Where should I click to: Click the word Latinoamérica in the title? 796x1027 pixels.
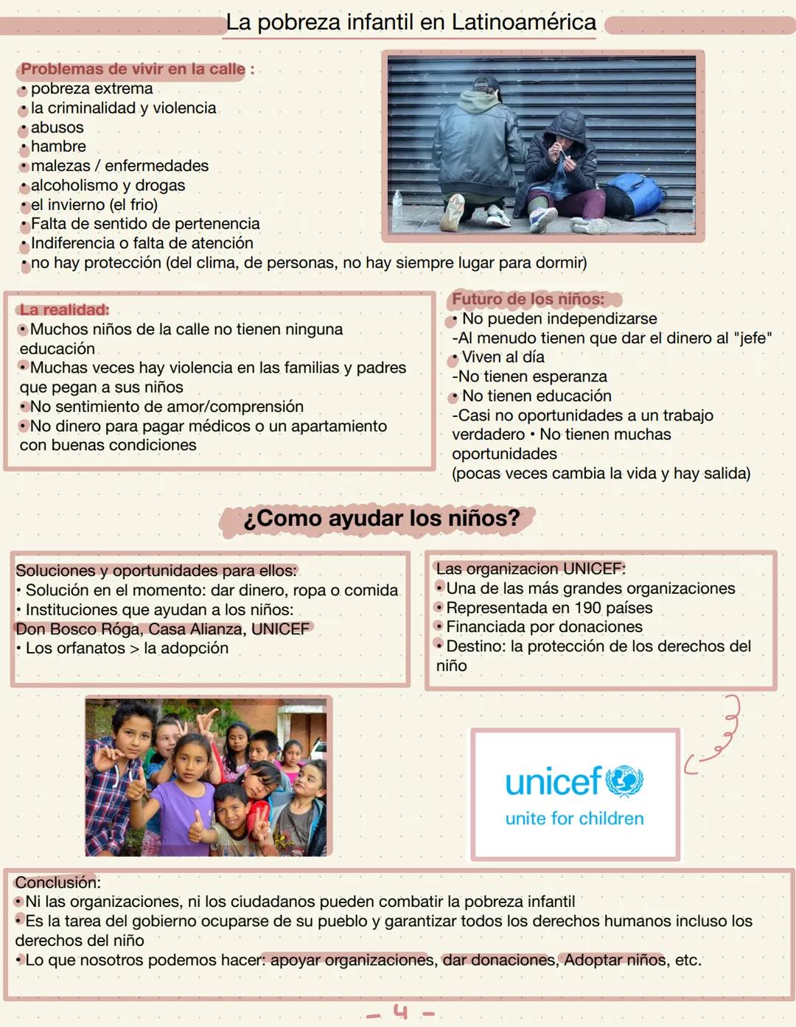pos(523,22)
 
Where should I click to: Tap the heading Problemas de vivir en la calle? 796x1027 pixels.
pos(133,69)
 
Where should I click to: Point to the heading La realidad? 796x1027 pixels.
pos(64,310)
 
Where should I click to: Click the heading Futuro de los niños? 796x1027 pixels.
pos(528,299)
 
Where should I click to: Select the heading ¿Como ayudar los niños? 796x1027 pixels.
pos(381,519)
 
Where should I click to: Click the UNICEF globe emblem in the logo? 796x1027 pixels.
pos(624,781)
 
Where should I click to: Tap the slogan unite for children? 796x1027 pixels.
pos(574,819)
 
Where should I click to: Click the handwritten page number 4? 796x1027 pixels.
pos(400,1012)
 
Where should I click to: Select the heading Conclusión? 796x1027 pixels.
pos(57,883)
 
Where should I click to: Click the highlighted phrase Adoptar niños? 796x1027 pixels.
pos(615,960)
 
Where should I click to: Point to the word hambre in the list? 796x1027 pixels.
pos(58,147)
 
